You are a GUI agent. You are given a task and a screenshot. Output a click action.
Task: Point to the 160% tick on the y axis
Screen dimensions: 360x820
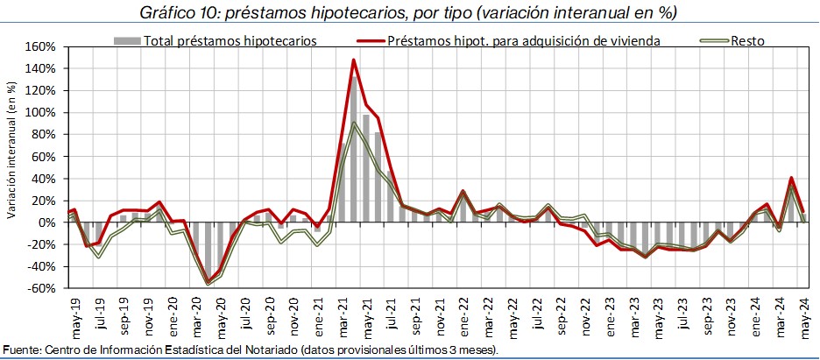tap(40, 46)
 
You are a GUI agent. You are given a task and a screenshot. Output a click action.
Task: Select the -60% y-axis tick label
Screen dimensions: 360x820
tap(42, 288)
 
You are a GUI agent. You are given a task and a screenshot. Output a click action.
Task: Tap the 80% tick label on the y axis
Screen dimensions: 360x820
tap(44, 134)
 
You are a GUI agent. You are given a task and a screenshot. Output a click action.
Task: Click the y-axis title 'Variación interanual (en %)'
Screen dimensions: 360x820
tap(11, 149)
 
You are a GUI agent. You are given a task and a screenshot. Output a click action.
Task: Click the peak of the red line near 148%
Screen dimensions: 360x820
tap(353, 60)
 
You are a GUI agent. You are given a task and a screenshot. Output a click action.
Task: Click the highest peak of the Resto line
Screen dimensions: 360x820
tap(353, 123)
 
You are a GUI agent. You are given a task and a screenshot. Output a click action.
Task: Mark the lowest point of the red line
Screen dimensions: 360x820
tap(208, 282)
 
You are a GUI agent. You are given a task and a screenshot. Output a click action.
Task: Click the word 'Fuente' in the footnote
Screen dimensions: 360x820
tap(21, 350)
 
